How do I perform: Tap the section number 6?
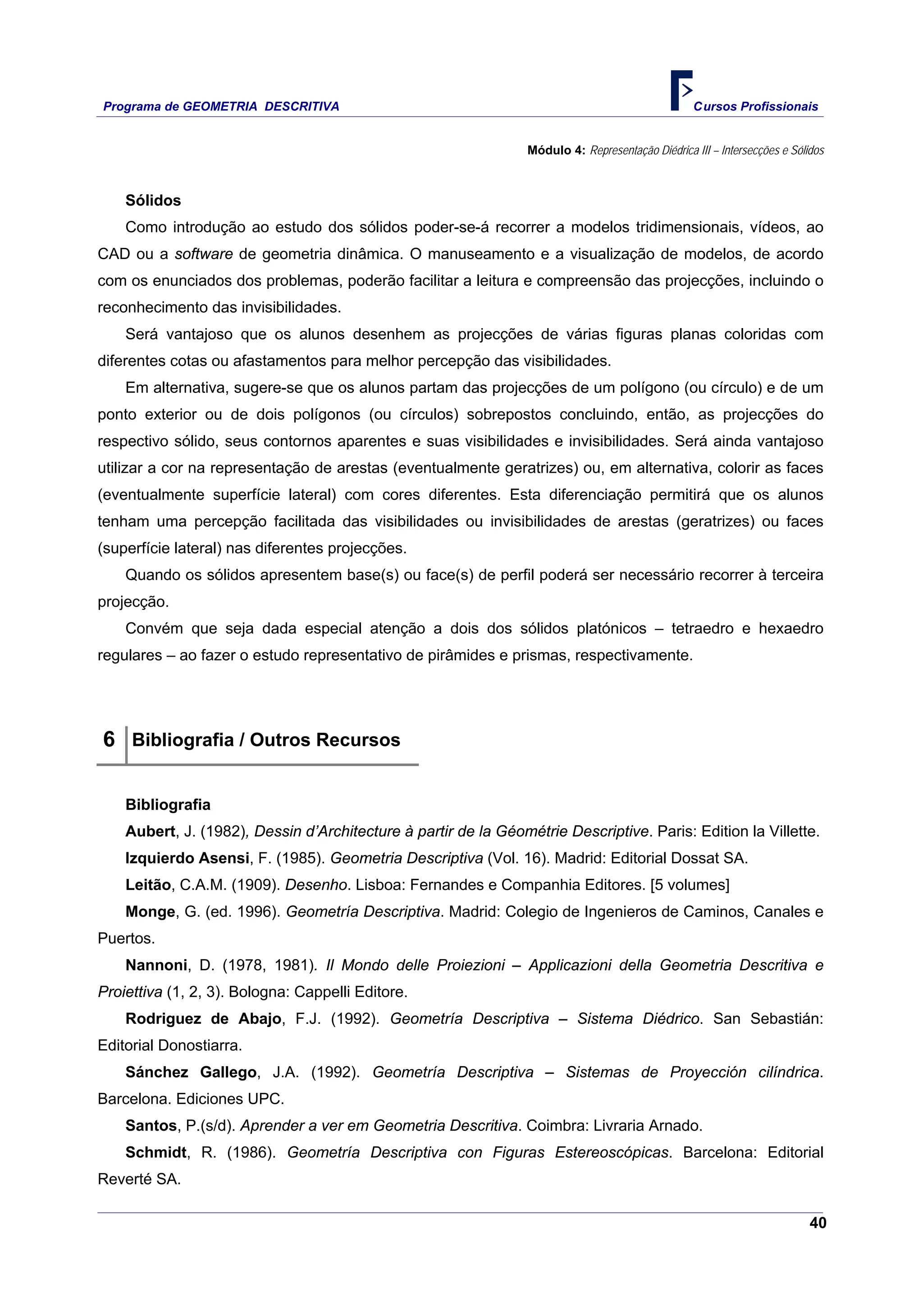coord(109,739)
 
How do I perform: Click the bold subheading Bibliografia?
coord(168,804)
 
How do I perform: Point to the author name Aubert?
coord(150,831)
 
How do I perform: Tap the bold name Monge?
coord(150,911)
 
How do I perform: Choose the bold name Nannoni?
coord(156,965)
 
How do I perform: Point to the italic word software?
coord(204,254)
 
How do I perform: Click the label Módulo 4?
coord(556,150)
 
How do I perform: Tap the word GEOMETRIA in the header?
coord(220,106)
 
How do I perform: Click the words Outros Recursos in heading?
coord(325,740)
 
